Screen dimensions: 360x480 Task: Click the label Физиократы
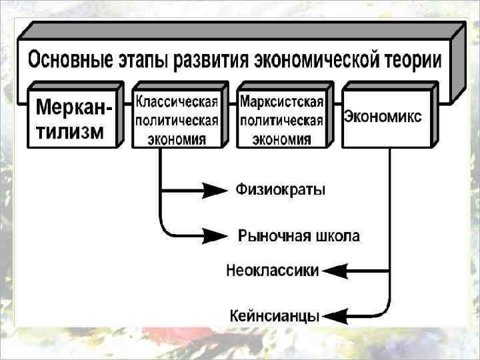[280, 191]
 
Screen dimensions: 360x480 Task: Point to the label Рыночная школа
[299, 235]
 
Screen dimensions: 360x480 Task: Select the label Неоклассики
[273, 271]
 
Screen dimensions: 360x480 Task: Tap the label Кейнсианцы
[275, 315]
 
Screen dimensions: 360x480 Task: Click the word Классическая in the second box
[177, 102]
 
